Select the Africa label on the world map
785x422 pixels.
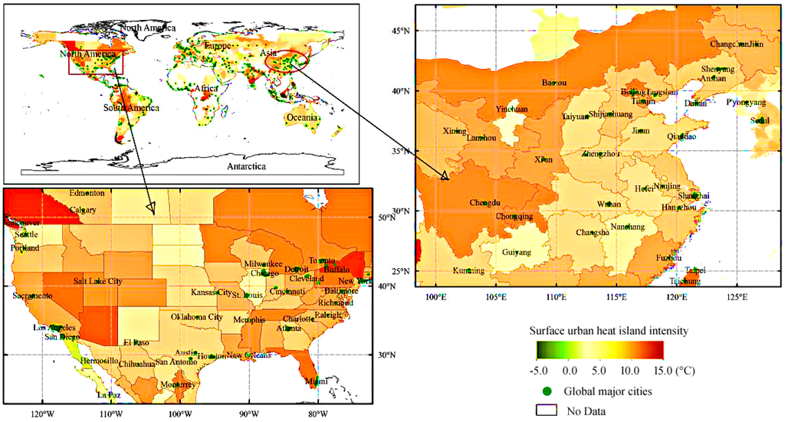(206, 89)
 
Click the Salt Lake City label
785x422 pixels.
(97, 281)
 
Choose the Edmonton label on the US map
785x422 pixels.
(86, 193)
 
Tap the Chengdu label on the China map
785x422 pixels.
(485, 203)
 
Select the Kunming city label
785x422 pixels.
(468, 270)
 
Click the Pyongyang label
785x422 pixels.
(746, 102)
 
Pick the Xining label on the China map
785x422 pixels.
(455, 131)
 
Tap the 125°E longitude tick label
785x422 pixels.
(737, 297)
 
